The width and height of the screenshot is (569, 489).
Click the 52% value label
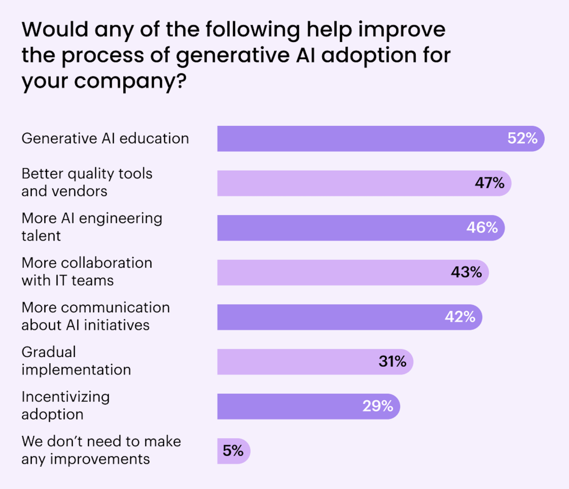point(522,138)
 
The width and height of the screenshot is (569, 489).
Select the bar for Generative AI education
point(356,138)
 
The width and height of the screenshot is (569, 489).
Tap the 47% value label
point(490,183)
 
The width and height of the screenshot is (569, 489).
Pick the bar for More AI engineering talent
point(340,228)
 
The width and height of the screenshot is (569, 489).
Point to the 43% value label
point(466,272)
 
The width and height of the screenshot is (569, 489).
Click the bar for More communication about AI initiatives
point(328,317)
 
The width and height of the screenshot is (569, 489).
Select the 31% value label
point(392,361)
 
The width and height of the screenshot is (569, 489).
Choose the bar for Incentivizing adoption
point(289,406)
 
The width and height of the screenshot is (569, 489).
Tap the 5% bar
point(233,451)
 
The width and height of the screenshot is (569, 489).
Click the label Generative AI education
point(105,138)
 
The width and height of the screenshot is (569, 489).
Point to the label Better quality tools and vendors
point(87,182)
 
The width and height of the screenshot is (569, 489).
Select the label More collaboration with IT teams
point(87,271)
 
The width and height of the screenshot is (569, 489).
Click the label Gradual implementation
point(76,361)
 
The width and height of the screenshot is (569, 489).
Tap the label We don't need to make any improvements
point(101,450)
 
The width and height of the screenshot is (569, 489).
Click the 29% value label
point(378,406)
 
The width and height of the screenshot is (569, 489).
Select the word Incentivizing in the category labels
point(66,397)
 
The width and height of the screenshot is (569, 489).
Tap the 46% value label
point(482,228)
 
